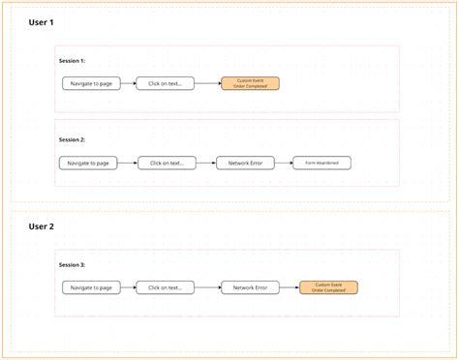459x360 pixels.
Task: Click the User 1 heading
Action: (42, 21)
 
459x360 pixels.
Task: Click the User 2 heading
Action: (42, 226)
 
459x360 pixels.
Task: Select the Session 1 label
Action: (73, 61)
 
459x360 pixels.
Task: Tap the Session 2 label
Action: (73, 140)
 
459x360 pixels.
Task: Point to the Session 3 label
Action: (73, 264)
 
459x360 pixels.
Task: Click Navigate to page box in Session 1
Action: (92, 84)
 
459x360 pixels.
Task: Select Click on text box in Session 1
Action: (166, 84)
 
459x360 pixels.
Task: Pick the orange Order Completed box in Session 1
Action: (250, 84)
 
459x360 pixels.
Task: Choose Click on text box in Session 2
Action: (166, 163)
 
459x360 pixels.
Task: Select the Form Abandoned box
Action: (321, 163)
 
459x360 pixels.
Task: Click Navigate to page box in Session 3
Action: (92, 287)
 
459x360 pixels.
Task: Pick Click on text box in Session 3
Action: (166, 287)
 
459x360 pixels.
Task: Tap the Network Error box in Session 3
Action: (250, 287)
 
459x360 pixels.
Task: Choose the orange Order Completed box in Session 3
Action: (328, 287)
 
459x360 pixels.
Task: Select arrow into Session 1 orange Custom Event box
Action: (208, 84)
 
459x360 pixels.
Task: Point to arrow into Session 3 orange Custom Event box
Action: (290, 287)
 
